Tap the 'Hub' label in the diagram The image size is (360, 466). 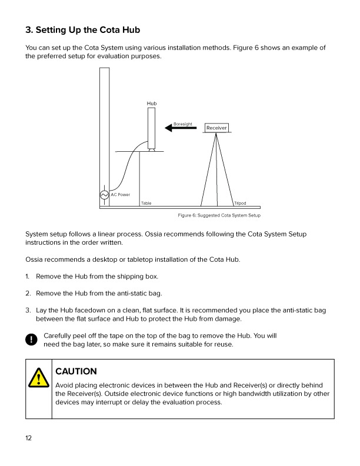coord(152,104)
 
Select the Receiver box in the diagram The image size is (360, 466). coord(216,128)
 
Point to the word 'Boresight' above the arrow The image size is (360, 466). coord(183,124)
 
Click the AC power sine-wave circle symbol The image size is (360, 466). coord(104,195)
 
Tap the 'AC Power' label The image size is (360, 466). coord(121,195)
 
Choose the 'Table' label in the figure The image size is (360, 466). coord(146,204)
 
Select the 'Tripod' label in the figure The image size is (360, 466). coord(240,204)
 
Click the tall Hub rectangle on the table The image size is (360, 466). coord(152,128)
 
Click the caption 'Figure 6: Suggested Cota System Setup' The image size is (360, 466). coord(219,216)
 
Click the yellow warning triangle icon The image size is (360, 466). coord(39,377)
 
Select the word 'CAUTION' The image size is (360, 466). coord(76,371)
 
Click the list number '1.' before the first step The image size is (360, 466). coord(28,276)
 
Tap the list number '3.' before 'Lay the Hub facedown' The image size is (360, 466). coord(28,310)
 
